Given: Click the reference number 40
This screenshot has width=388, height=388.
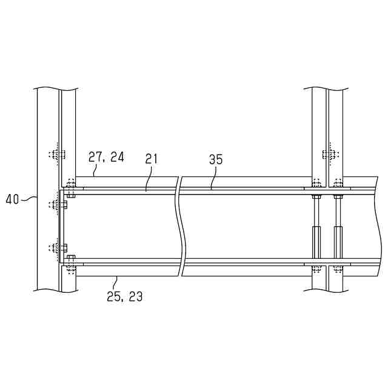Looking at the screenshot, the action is [x=12, y=199].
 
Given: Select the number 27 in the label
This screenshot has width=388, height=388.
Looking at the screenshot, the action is [x=95, y=157].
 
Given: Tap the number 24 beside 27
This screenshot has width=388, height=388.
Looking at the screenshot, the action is [x=117, y=157].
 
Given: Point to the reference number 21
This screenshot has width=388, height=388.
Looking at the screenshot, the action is [x=151, y=159].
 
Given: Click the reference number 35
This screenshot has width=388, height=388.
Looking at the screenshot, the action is [x=216, y=159].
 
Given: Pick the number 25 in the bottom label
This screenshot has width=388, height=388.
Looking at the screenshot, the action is [x=113, y=296].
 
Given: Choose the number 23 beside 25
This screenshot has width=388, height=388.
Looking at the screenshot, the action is [x=136, y=296].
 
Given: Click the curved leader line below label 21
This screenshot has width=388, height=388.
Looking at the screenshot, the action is [x=148, y=178].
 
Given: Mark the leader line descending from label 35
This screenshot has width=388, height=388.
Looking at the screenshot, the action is [x=213, y=178].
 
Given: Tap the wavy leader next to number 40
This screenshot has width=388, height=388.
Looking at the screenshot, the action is [x=28, y=198].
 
